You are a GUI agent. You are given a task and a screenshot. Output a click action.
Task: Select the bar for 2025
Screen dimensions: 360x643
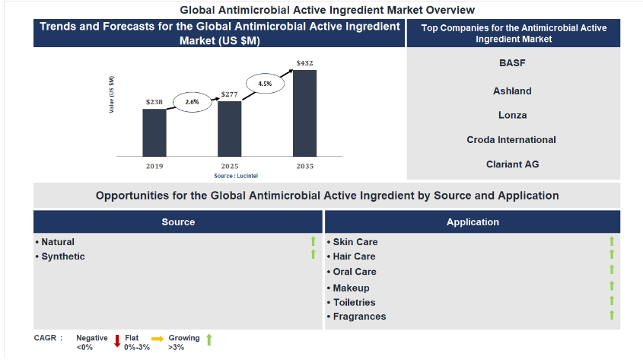point(229,128)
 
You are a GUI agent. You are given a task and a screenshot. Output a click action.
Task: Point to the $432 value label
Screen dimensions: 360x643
point(305,63)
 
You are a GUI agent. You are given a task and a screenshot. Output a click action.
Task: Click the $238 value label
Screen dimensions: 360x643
point(154,101)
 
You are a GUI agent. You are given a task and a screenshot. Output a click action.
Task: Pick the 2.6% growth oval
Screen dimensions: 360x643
point(191,100)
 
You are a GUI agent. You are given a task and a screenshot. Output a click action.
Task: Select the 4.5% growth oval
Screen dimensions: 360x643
point(265,82)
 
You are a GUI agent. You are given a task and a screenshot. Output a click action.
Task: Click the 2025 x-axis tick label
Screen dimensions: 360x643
point(229,166)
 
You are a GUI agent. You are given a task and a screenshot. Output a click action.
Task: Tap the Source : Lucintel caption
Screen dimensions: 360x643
point(230,176)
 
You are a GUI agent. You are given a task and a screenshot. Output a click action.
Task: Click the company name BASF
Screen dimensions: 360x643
point(512,63)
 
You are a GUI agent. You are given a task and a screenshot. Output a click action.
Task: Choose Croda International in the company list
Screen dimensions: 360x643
point(511,140)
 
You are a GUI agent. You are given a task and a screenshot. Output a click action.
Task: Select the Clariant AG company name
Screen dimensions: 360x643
point(512,164)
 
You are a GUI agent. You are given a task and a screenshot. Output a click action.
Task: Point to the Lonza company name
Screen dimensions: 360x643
point(512,115)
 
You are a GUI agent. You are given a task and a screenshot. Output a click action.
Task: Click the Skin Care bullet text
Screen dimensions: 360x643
point(355,242)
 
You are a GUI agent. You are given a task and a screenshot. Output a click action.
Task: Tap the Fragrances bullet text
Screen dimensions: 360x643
point(359,317)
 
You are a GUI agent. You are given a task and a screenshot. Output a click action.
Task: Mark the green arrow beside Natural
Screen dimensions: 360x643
point(313,242)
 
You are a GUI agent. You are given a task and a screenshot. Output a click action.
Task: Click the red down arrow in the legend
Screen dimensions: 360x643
point(117,341)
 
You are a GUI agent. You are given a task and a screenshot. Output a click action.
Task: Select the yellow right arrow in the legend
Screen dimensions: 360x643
point(158,338)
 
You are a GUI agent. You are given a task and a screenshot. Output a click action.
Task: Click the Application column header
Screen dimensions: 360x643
point(473,222)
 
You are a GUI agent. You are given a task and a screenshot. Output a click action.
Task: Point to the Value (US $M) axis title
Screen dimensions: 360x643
point(112,95)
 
